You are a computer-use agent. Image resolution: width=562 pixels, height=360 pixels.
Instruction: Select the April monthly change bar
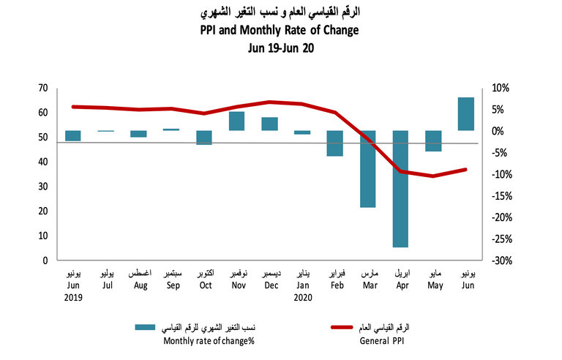click(x=401, y=189)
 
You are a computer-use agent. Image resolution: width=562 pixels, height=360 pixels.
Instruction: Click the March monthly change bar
click(x=368, y=169)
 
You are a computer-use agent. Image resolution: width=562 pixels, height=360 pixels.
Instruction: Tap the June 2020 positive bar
click(x=466, y=114)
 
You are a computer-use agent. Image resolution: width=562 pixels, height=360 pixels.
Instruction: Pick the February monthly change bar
click(x=335, y=143)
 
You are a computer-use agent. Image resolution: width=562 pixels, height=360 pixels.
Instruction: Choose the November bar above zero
click(x=236, y=121)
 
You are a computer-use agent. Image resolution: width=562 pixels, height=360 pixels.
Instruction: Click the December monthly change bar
click(x=269, y=124)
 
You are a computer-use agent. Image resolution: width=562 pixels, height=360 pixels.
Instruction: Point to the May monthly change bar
click(x=433, y=141)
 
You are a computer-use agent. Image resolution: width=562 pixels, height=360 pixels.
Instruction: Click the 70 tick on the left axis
click(x=42, y=89)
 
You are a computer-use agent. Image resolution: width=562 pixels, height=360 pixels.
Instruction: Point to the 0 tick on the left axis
click(x=45, y=260)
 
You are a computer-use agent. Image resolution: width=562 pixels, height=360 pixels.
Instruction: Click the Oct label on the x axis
click(x=206, y=285)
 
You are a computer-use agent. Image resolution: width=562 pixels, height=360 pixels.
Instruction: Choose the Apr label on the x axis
click(x=401, y=285)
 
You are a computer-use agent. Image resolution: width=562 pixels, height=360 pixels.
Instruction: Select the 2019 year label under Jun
click(x=73, y=298)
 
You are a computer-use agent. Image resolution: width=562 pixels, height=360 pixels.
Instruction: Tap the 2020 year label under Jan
click(x=303, y=298)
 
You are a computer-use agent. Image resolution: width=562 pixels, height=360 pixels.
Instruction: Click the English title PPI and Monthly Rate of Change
click(x=280, y=31)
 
